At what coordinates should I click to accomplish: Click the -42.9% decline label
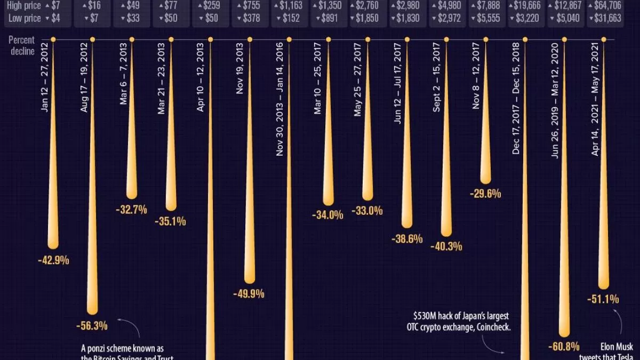pos(53,260)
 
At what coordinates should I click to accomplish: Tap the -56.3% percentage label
pos(92,325)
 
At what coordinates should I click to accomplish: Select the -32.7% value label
pos(131,210)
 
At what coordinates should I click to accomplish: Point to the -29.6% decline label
pos(485,194)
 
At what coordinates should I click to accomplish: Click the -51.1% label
pos(603,299)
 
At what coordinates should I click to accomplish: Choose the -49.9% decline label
pos(249,294)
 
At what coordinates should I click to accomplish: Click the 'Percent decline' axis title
pos(22,46)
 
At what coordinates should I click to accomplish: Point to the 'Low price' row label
pos(25,18)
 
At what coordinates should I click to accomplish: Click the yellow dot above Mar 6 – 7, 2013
pos(131,39)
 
